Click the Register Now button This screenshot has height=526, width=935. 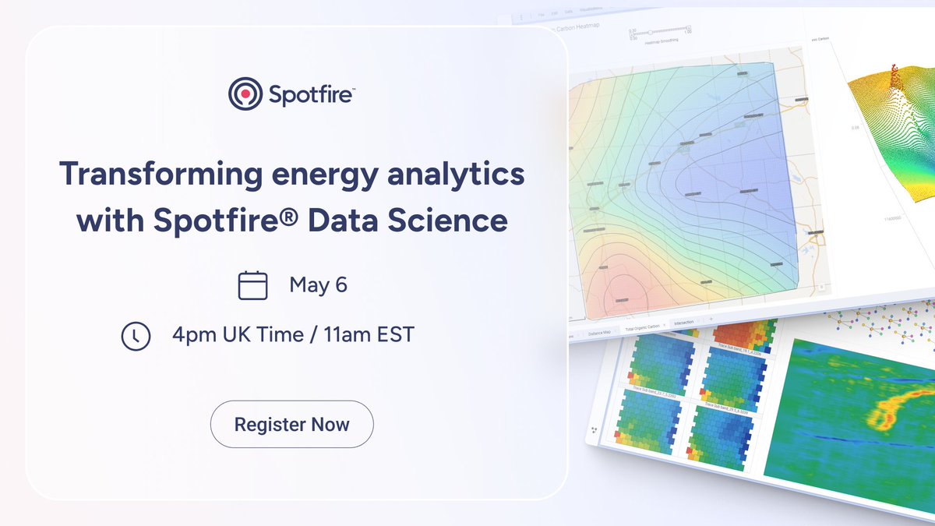click(292, 425)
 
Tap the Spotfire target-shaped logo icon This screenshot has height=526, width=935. click(245, 94)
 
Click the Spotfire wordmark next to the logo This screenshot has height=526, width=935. click(312, 95)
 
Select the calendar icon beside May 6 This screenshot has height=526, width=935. click(252, 285)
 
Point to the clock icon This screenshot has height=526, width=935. click(136, 335)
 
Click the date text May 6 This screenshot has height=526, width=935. click(318, 285)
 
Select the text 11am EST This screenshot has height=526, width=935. click(369, 335)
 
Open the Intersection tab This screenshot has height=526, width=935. click(685, 321)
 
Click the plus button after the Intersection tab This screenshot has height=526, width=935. click(711, 319)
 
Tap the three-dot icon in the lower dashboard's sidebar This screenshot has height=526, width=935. click(595, 429)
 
